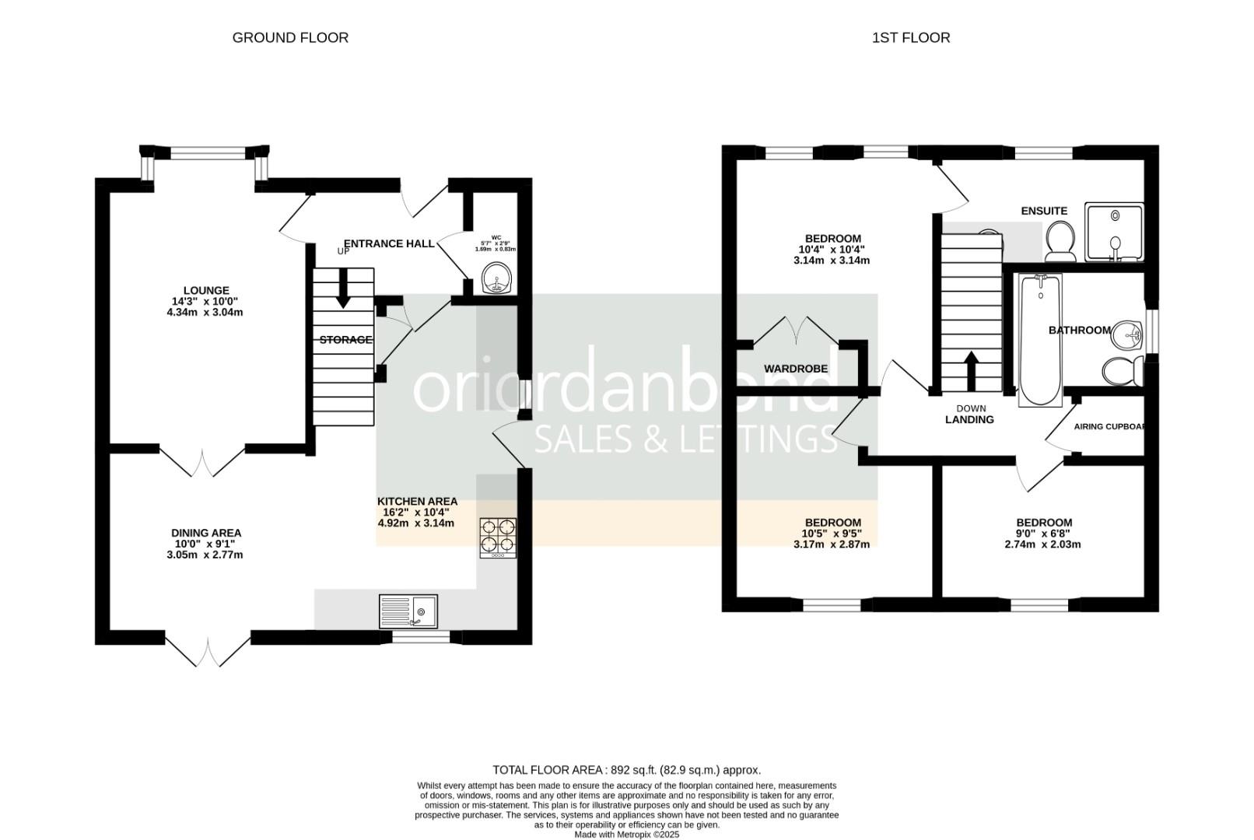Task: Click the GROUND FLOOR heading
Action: (290, 37)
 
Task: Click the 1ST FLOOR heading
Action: (910, 37)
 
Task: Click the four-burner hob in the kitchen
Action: (498, 537)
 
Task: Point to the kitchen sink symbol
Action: (408, 611)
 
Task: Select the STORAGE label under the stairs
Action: (345, 340)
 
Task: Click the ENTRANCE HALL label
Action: (389, 243)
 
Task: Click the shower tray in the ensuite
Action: (1115, 233)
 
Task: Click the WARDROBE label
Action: (796, 369)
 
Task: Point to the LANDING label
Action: (969, 420)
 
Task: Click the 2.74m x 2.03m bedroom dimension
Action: (1042, 544)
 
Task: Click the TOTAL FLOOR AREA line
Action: (626, 770)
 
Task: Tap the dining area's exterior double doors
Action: (208, 652)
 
